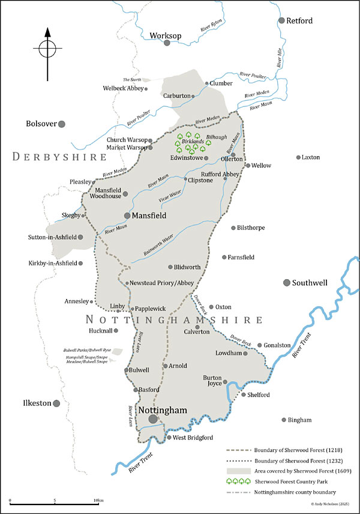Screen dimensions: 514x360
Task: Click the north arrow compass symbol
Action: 47,49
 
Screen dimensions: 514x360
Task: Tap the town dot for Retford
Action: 282,20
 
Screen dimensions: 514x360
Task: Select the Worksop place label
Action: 166,36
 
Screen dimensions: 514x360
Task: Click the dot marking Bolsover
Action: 61,124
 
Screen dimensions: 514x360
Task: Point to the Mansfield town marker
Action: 127,214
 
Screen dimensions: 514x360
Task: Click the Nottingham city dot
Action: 154,419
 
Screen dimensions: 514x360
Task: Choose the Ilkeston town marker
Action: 55,404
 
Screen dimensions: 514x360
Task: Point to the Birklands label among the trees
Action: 193,142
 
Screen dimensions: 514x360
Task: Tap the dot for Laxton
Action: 298,157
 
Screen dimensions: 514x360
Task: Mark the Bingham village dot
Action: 284,420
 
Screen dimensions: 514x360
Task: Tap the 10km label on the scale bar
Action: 98,500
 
